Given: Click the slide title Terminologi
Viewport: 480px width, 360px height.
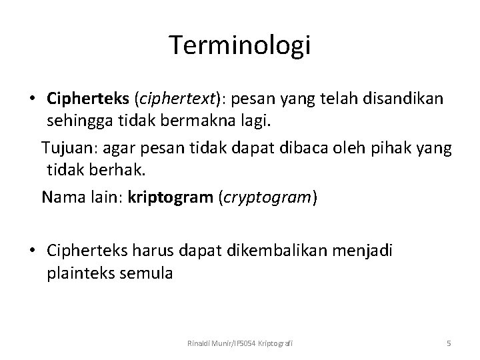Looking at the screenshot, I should pos(240,45).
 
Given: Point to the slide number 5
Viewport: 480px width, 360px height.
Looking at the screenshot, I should pos(449,343).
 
